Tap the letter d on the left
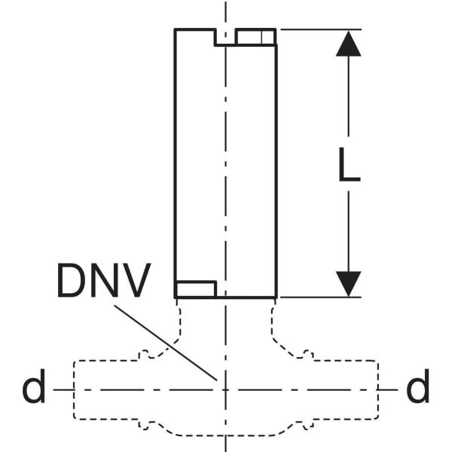point(34,389)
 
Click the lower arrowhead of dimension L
point(348,283)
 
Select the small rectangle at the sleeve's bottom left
point(196,289)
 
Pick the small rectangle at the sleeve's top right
point(255,37)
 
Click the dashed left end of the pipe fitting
point(73,390)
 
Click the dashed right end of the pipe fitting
point(378,390)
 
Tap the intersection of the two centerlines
point(225,389)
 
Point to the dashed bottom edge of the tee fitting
point(225,435)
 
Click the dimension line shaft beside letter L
point(348,226)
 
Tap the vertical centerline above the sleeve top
point(225,14)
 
